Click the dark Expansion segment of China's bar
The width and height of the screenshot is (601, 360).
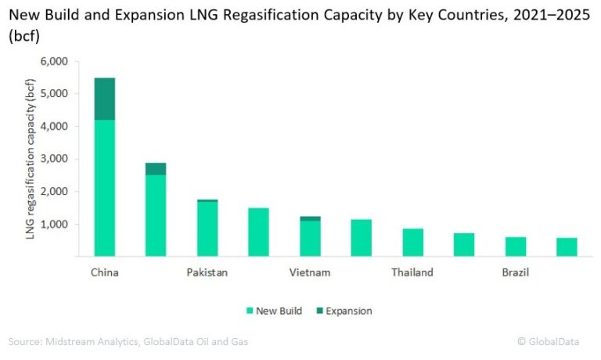tap(104, 99)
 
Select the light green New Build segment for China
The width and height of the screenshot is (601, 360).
tap(104, 188)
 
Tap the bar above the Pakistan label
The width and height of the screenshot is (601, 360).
tap(207, 229)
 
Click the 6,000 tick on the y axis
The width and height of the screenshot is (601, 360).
tap(55, 61)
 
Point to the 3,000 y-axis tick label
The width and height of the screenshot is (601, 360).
tap(55, 159)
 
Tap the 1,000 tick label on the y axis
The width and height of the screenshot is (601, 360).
tap(55, 224)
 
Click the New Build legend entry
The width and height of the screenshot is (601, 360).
tap(273, 311)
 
